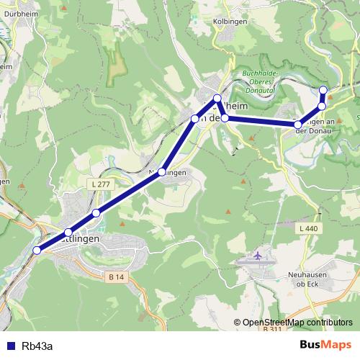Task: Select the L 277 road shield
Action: click(x=101, y=185)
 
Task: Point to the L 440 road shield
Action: click(x=307, y=228)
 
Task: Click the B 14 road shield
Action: click(x=115, y=276)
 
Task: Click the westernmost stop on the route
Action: click(x=37, y=250)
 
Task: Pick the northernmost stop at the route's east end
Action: click(x=323, y=90)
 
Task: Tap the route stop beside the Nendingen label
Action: click(x=163, y=171)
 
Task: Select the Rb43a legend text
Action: click(x=37, y=346)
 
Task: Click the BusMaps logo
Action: click(x=325, y=345)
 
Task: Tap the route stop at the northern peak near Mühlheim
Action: click(x=217, y=98)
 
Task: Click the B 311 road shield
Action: click(x=272, y=329)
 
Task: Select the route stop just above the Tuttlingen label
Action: click(x=68, y=233)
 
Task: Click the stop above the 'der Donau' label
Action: click(x=298, y=125)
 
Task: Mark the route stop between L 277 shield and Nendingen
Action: click(x=96, y=212)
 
